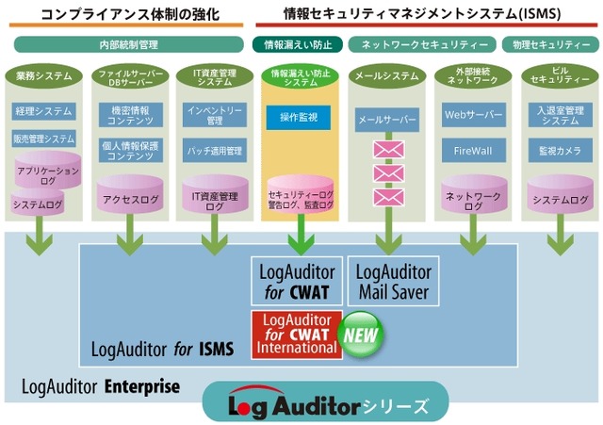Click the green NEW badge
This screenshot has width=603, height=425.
point(360,335)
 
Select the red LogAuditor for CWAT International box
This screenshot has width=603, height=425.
point(297,335)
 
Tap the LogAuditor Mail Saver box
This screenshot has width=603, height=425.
point(393,281)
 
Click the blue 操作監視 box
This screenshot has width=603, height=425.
point(299,117)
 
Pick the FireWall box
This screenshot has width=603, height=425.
point(473,151)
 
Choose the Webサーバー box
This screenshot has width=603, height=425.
point(473,115)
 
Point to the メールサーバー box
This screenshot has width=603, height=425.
point(387,120)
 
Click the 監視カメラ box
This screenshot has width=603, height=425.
point(560,151)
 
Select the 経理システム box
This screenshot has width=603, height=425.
point(44,111)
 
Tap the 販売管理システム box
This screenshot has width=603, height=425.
point(44,139)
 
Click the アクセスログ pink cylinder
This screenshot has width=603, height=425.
point(130,194)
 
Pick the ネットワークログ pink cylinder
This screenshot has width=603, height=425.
point(474,194)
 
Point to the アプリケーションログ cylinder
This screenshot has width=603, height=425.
point(48,170)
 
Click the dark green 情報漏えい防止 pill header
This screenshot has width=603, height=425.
point(298,44)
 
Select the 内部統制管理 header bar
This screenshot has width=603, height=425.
point(129,44)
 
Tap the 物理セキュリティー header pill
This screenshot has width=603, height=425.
point(550,44)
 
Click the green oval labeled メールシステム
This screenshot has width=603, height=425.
point(387,75)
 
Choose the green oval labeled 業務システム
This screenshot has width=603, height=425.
point(44,75)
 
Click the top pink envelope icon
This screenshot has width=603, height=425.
point(389,149)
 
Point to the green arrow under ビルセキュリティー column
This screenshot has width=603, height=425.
point(561,235)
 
